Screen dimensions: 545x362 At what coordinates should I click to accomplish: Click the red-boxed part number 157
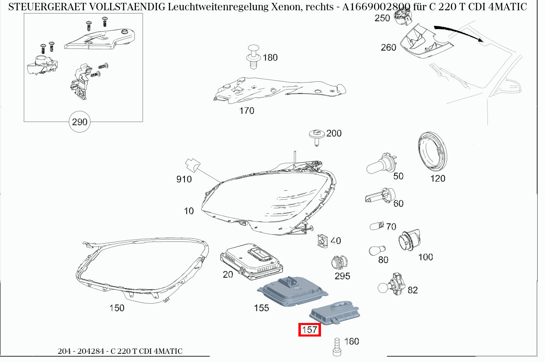click(x=309, y=330)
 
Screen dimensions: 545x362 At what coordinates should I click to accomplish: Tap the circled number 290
click(x=80, y=122)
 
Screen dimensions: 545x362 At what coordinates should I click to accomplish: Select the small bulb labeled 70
click(x=376, y=226)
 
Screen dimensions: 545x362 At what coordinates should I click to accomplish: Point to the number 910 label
click(x=184, y=179)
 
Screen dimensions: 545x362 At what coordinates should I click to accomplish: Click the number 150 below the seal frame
click(x=117, y=308)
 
